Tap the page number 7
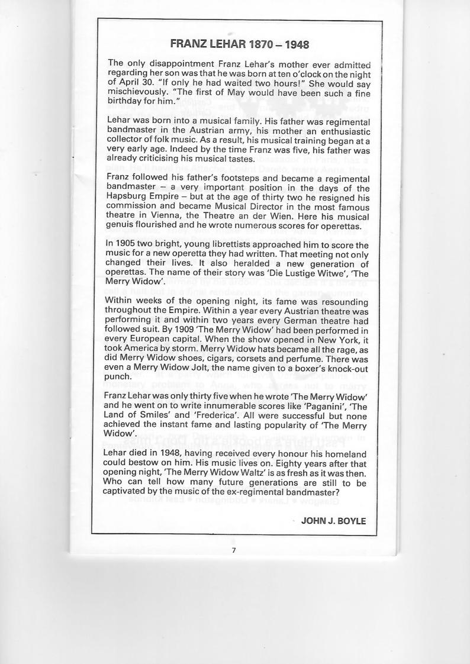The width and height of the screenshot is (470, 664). (234, 550)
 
